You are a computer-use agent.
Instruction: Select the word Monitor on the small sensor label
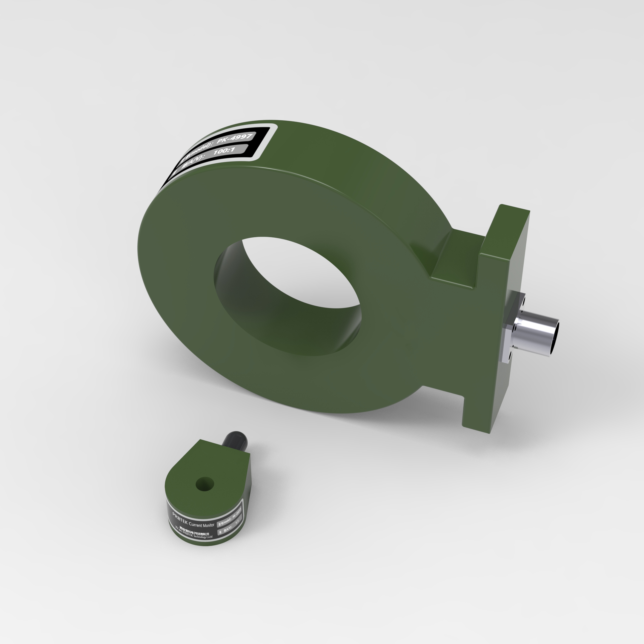click(209, 525)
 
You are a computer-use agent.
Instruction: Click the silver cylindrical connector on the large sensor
click(533, 333)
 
